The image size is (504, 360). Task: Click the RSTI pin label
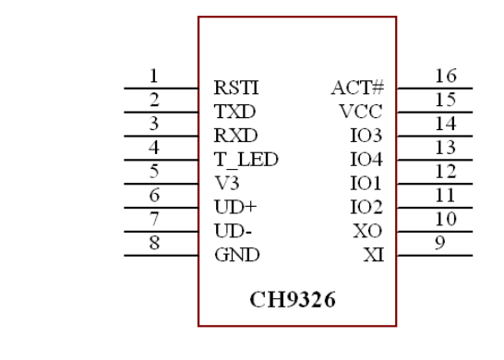(x=235, y=90)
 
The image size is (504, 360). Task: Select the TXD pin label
(x=234, y=113)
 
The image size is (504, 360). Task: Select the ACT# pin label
(x=357, y=90)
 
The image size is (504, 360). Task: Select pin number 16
(x=445, y=76)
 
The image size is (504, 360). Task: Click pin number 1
(x=154, y=76)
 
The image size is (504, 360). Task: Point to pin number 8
(x=154, y=243)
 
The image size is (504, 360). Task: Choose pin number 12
(x=445, y=171)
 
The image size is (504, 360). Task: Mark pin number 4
(x=154, y=148)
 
